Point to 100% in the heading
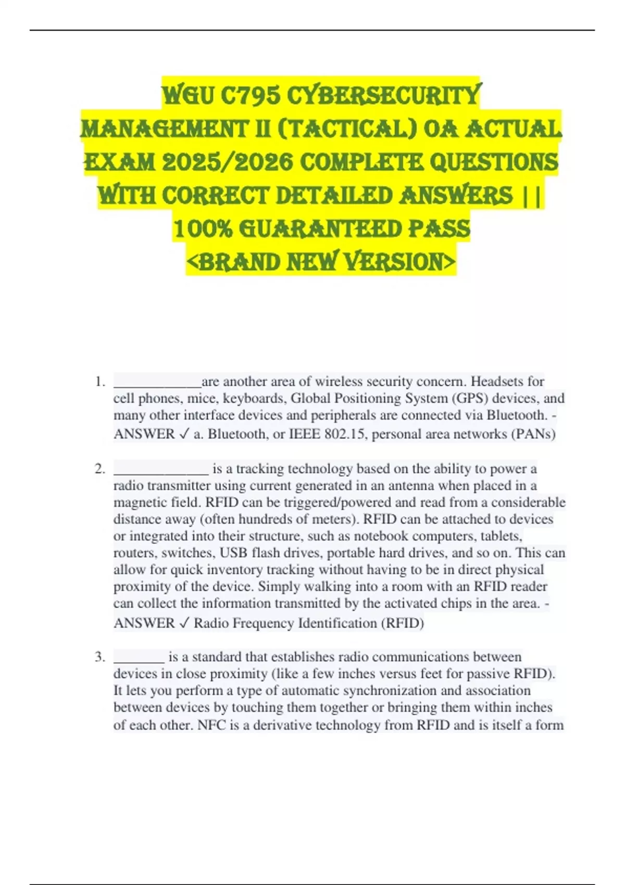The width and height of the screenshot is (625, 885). point(202,229)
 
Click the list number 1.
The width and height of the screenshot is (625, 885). point(100,382)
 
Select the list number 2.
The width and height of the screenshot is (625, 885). point(100,469)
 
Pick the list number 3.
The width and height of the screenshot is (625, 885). point(100,657)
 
